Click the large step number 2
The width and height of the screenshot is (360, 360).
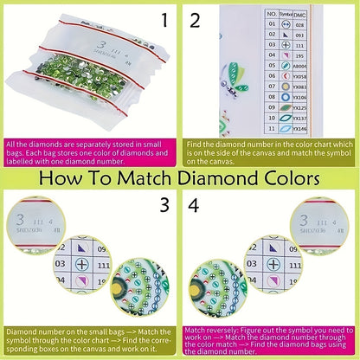(195, 21)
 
